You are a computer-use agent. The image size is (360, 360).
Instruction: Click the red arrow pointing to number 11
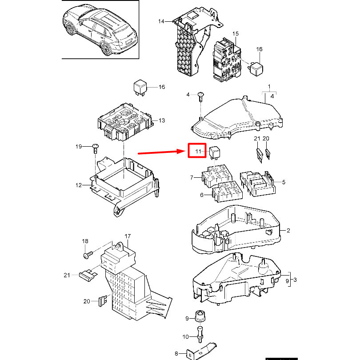[x=161, y=152]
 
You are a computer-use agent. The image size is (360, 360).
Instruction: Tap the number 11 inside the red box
[x=198, y=151]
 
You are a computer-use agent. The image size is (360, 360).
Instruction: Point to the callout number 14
[x=161, y=21]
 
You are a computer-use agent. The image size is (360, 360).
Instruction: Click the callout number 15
[x=235, y=34]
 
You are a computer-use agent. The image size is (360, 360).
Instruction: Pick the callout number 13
[x=162, y=120]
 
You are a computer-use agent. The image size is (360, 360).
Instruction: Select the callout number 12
[x=79, y=185]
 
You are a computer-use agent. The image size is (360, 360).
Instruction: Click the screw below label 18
[x=88, y=255]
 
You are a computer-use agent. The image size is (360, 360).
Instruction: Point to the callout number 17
[x=128, y=236]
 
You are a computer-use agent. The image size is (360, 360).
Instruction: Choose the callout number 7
[x=192, y=177]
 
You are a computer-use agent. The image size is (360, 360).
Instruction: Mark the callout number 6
[x=202, y=195]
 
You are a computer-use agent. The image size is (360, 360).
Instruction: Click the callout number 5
[x=284, y=182]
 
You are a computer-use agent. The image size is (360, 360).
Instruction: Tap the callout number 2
[x=288, y=230]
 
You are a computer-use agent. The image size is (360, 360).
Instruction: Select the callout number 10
[x=185, y=337]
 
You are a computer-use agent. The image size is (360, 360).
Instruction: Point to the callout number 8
[x=176, y=354]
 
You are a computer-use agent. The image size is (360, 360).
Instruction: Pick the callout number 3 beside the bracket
[x=295, y=280]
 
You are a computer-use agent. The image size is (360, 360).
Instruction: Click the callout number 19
[x=79, y=147]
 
